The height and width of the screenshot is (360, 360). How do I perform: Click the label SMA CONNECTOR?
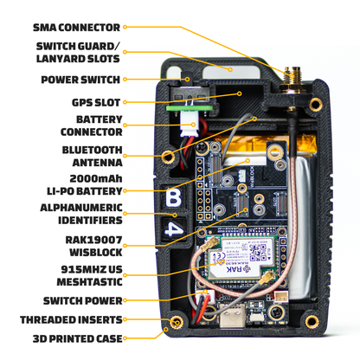pos(77,27)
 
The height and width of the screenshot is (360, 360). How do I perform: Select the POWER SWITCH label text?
pos(80,80)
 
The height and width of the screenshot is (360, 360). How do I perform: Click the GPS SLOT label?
pos(93,101)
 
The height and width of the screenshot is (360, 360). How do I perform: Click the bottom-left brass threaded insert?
pos(176,323)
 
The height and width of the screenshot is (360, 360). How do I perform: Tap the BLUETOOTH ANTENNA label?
pos(91,155)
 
